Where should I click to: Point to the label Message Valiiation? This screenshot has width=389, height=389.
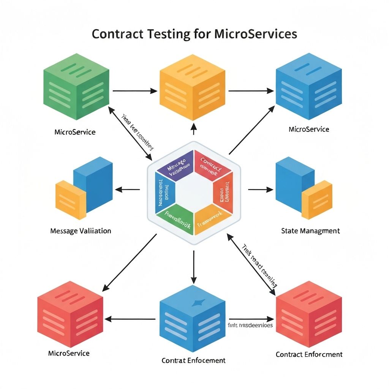pos(81,231)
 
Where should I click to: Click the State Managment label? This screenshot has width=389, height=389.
pos(310,231)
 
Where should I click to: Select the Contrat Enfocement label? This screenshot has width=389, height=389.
pos(193,360)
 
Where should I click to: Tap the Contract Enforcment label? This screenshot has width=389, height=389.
pos(309,354)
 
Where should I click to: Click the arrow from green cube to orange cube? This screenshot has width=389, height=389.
pos(135,91)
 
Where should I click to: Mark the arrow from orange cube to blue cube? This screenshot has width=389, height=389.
pos(251,91)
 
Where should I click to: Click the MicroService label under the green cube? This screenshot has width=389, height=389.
pos(75,132)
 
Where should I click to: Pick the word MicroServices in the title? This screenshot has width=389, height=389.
pos(256,34)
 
